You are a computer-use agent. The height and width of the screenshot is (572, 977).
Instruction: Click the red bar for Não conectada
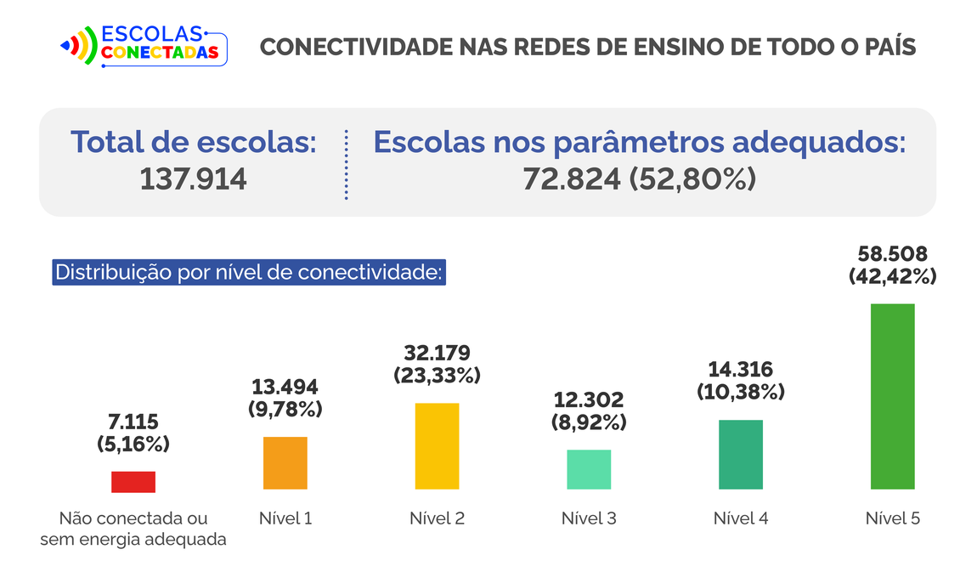(x=133, y=482)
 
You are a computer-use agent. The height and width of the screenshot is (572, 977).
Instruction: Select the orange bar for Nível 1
(x=285, y=463)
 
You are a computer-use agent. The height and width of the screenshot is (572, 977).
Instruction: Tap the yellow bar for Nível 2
(x=437, y=446)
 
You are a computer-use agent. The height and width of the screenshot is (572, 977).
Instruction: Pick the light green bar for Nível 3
(x=589, y=469)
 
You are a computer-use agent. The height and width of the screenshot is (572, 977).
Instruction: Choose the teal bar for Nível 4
(x=741, y=455)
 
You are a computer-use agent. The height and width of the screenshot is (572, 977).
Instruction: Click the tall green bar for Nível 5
(x=892, y=396)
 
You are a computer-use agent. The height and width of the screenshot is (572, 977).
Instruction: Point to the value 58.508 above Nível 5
(x=892, y=254)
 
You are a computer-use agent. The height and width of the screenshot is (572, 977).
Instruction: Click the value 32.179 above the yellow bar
(x=437, y=353)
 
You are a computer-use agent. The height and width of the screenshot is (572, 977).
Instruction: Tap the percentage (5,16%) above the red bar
(x=133, y=444)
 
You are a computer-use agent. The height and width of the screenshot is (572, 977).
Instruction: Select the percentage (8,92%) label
(x=588, y=422)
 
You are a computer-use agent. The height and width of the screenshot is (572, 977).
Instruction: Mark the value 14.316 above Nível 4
(x=740, y=370)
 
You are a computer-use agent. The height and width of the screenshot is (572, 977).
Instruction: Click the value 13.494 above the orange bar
(x=285, y=388)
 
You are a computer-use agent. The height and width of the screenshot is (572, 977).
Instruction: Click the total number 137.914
(x=194, y=179)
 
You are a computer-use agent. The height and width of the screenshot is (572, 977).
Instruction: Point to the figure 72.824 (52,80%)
(x=639, y=179)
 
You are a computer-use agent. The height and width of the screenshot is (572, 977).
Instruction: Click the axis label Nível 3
(x=589, y=518)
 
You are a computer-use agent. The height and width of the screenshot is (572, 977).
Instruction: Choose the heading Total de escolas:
(x=194, y=142)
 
